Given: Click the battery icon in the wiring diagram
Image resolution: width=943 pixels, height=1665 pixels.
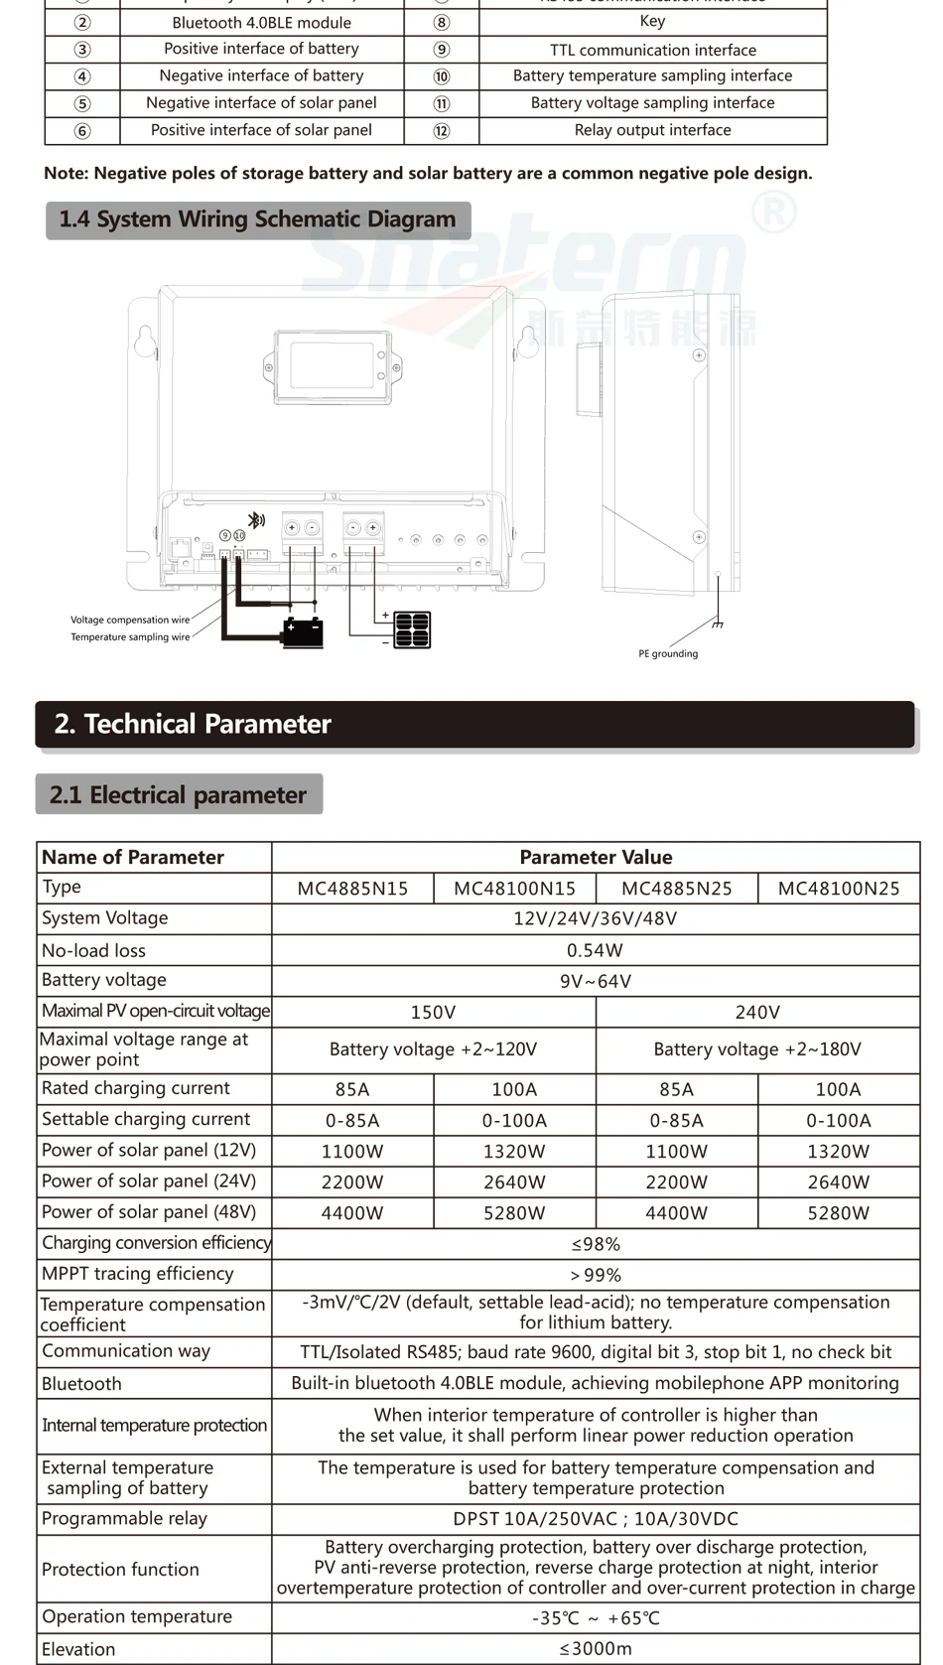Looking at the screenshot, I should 302,631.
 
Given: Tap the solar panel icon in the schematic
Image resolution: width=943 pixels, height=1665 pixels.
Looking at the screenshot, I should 412,629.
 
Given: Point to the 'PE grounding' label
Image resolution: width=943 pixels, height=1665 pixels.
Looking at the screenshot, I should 668,653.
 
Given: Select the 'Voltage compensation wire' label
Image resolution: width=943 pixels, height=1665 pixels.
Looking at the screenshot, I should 130,620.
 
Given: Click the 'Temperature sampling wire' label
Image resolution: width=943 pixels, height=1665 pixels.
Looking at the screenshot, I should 130,637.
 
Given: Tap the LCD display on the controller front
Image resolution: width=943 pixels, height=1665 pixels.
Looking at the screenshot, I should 333,365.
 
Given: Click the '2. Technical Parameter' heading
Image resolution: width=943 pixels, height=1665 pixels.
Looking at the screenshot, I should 193,724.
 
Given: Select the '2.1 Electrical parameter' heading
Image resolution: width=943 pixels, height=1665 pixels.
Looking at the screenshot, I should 179,794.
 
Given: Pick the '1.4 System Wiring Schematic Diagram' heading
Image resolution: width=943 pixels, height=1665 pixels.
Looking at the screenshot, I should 258,219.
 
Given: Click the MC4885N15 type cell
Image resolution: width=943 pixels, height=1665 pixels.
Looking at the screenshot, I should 352,889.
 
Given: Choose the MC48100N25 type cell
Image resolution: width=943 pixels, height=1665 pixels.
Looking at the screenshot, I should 839,889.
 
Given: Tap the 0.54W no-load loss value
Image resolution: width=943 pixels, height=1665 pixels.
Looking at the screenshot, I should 595,950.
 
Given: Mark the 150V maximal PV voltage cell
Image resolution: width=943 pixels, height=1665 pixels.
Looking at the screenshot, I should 433,1012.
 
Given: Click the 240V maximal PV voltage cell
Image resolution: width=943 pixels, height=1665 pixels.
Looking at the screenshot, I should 757,1012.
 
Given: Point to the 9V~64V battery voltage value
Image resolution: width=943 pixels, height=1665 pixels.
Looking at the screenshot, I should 595,981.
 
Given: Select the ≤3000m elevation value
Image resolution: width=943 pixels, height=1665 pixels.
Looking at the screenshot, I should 595,1649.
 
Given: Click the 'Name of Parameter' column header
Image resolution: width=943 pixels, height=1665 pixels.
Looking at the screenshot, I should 133,857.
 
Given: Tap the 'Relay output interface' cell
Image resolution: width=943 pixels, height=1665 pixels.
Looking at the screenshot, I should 652,130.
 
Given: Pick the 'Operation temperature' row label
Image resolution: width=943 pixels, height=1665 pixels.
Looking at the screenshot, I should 137,1616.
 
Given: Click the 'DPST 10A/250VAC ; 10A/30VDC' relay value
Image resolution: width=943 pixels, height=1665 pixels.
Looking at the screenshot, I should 595,1519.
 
